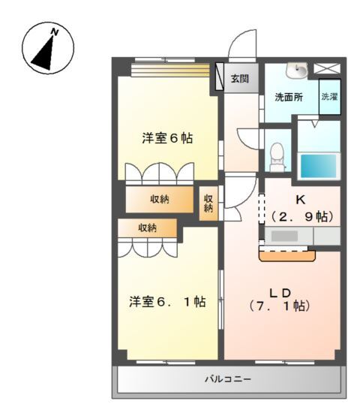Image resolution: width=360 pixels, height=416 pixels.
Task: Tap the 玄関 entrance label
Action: point(239,78)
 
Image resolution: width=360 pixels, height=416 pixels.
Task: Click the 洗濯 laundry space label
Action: point(329,97)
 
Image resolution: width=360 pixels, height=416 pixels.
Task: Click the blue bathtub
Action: point(319,164)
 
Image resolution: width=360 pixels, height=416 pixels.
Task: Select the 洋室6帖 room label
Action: point(168,138)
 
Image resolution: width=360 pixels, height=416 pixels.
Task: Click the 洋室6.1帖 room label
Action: point(167,302)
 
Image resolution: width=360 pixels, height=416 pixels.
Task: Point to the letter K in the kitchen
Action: point(299,200)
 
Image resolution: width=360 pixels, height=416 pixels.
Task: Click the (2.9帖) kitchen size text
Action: point(299,216)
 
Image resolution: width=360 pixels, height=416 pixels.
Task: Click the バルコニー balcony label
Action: point(229,379)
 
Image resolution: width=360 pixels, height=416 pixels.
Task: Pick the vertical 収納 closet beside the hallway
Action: point(210,203)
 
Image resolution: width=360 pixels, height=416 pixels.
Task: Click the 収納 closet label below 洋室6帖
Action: point(158,199)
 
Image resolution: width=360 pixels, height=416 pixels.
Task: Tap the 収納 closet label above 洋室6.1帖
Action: point(147,228)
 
